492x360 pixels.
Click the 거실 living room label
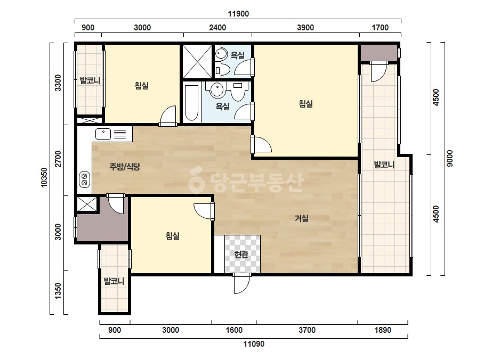(302, 218)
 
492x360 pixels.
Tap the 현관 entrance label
(241, 255)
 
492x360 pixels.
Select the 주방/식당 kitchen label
(125, 167)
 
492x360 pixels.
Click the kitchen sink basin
(103, 134)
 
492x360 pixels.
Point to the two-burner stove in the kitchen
(84, 179)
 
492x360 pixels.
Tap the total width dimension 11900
(238, 14)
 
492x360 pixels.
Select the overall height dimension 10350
(44, 177)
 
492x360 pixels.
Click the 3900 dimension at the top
(305, 28)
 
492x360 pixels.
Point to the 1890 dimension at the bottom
(383, 330)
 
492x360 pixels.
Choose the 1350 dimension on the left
(58, 291)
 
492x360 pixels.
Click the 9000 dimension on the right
(450, 159)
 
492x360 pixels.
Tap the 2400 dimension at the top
(217, 28)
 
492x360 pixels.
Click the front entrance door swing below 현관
(242, 284)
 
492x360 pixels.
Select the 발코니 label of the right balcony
(384, 165)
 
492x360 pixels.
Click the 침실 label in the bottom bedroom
(172, 235)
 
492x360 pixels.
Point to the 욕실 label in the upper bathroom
(238, 55)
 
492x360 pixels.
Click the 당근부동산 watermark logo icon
(196, 181)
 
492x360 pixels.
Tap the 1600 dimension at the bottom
(234, 330)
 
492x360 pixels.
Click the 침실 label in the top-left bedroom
(141, 85)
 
